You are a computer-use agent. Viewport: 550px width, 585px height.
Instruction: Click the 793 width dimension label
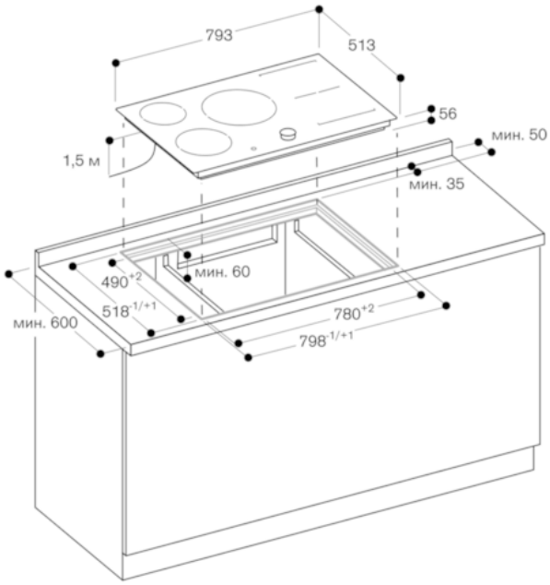click(219, 35)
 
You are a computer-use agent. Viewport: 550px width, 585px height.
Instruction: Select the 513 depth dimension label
click(361, 45)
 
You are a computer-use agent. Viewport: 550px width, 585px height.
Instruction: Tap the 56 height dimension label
click(448, 113)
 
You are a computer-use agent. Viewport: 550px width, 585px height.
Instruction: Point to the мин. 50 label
click(519, 135)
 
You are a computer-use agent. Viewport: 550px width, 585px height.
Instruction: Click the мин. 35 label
click(437, 184)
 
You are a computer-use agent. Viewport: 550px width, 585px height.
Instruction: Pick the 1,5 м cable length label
click(82, 161)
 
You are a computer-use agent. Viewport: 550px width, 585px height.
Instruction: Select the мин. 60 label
click(222, 272)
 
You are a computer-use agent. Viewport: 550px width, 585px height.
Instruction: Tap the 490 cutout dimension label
click(122, 281)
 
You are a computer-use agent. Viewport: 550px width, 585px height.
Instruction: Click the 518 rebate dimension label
click(129, 310)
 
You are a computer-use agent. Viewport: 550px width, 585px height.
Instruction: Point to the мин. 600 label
click(45, 323)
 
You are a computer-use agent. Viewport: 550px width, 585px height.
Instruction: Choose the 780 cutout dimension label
click(354, 313)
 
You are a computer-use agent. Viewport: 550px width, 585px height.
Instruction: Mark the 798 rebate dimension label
click(326, 340)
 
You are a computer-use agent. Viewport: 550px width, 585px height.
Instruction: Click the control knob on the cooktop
click(288, 134)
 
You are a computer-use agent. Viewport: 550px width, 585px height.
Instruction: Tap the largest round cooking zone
click(240, 107)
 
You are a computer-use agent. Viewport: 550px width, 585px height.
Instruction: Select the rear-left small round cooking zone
click(163, 113)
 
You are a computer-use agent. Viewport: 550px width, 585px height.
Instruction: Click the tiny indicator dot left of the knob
click(254, 149)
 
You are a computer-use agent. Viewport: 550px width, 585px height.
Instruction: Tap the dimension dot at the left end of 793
click(116, 63)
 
